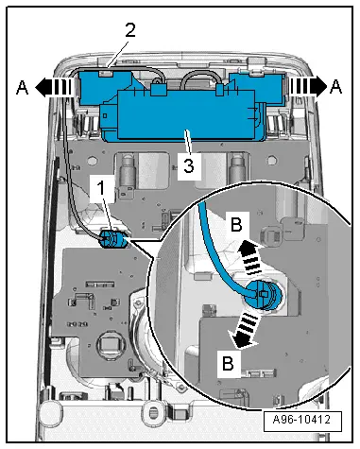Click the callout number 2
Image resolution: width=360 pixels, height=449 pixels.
pyautogui.click(x=130, y=29)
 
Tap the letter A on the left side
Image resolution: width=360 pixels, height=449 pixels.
pyautogui.click(x=21, y=85)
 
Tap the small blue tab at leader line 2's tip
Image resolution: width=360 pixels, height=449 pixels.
pyautogui.click(x=110, y=67)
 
